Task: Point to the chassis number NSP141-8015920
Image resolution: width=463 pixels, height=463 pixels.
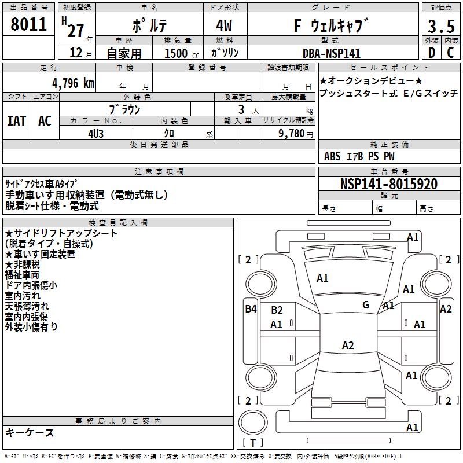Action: tap(388, 184)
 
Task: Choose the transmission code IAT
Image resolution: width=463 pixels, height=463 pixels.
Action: tap(17, 120)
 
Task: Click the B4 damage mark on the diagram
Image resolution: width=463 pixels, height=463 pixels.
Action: tap(250, 309)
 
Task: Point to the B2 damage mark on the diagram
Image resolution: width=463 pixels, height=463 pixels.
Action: tap(277, 310)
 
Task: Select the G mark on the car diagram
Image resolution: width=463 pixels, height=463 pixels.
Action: tap(366, 305)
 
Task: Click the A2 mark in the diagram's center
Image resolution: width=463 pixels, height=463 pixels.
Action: tap(347, 346)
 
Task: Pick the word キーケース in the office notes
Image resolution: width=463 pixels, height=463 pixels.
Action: tap(30, 433)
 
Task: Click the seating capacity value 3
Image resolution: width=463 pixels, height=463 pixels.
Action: tap(240, 109)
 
